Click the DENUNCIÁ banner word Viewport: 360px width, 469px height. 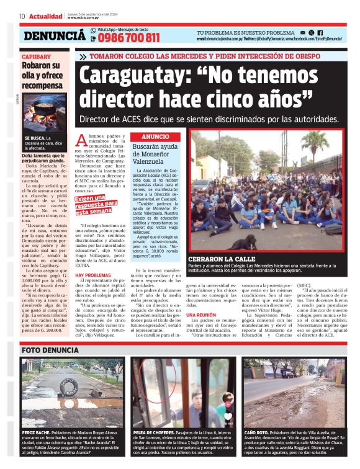point(55,36)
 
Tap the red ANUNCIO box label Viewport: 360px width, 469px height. point(155,136)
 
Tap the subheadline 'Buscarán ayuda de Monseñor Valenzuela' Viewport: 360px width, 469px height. point(161,153)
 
